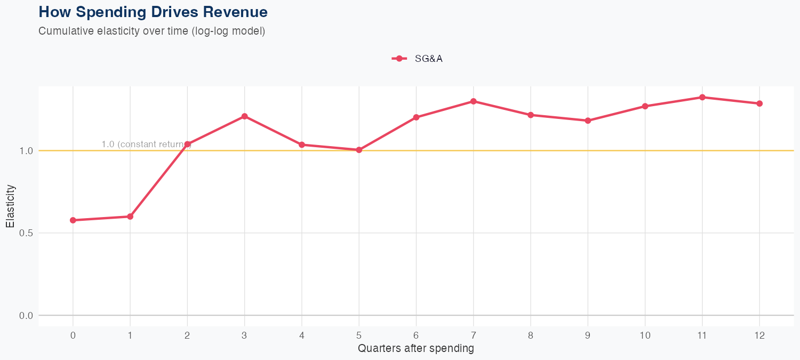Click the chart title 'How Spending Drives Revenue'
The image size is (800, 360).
coord(153,12)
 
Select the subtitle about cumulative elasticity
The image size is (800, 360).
coord(151,31)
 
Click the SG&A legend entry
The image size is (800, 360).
coord(418,59)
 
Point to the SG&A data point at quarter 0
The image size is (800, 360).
coord(73,220)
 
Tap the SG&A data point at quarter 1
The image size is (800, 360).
coord(130,217)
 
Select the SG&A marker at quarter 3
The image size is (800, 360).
coord(244,116)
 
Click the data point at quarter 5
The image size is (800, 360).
coord(359,150)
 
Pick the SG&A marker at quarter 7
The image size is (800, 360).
coord(474,101)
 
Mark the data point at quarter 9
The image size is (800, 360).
coord(588,121)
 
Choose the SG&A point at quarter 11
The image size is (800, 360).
coord(702,97)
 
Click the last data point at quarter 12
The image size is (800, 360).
coord(759,103)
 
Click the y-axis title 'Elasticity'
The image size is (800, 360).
coord(11,206)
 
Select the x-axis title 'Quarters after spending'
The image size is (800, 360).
coord(416,349)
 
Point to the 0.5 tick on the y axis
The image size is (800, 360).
coord(26,233)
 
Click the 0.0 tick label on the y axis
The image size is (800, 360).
coord(26,316)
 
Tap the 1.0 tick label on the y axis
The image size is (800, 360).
coord(26,151)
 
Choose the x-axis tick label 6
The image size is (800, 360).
coord(416,335)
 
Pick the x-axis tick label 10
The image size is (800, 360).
coord(645,335)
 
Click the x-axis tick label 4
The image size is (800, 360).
coord(302,335)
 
